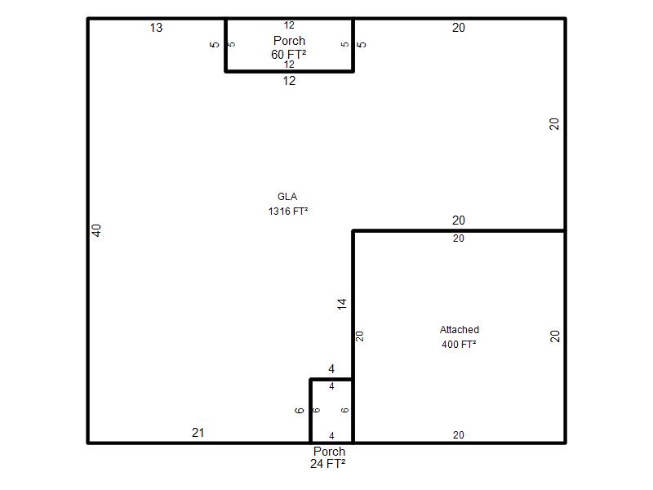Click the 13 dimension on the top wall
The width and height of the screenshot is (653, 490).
click(156, 28)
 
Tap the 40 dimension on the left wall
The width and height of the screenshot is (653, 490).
click(96, 230)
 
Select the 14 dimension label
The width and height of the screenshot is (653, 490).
click(341, 304)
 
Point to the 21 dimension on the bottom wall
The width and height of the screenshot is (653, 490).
click(198, 433)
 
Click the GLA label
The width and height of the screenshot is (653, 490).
click(287, 197)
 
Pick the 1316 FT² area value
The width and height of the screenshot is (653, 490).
click(288, 212)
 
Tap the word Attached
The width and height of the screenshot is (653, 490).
click(460, 330)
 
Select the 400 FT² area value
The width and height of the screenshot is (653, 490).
click(459, 344)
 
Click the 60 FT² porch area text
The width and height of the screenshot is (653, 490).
click(289, 54)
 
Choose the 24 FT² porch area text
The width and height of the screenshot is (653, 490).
click(328, 463)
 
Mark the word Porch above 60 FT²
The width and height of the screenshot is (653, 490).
click(290, 40)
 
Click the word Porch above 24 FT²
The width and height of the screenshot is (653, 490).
click(330, 452)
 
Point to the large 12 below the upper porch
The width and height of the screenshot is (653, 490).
click(289, 80)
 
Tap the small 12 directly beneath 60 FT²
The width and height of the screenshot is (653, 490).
click(289, 65)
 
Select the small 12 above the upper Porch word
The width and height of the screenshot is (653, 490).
click(289, 25)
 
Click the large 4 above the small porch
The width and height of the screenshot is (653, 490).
click(331, 369)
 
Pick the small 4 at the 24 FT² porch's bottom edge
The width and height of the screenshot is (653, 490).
click(331, 436)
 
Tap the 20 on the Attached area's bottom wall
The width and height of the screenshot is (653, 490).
click(459, 435)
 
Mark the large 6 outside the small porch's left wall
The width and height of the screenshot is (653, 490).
click(300, 411)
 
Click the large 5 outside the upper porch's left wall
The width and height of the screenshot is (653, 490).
click(215, 44)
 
